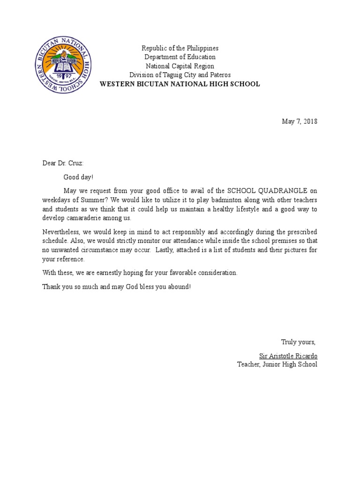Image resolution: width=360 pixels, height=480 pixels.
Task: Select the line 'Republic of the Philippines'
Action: [x=180, y=48]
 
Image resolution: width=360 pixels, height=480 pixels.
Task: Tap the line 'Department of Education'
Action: [x=180, y=57]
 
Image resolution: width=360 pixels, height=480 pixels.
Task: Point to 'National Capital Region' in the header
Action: [x=180, y=66]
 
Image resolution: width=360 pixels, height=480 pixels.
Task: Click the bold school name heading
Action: [x=180, y=84]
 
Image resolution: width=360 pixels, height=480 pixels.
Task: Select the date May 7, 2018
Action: [x=299, y=121]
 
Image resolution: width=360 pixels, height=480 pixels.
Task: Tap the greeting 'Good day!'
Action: [x=79, y=177]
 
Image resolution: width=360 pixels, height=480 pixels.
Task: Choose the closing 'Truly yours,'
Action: [x=299, y=341]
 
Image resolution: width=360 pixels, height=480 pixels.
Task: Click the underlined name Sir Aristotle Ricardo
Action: [x=288, y=355]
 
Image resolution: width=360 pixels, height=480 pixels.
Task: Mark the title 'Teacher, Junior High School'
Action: [x=277, y=364]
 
